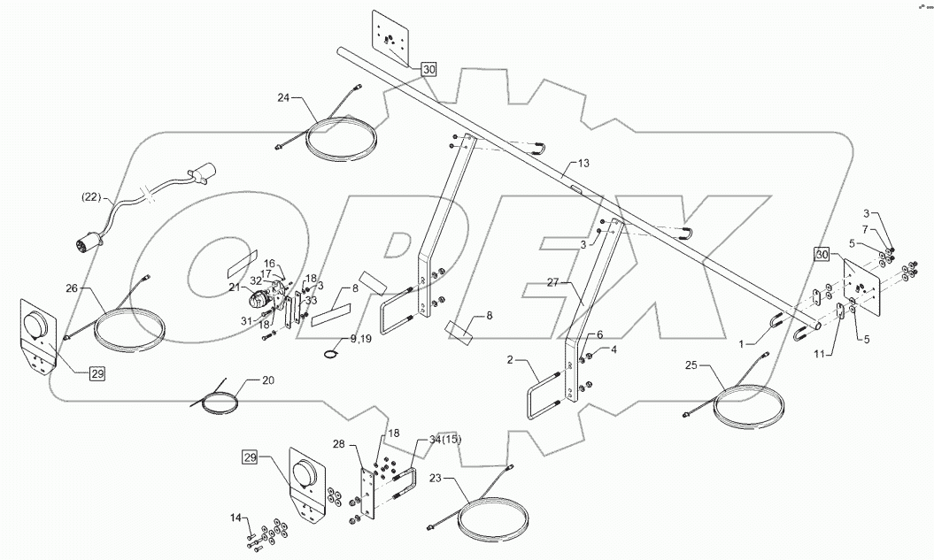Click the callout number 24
pos(283,98)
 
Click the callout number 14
pos(235,518)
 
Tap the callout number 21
pos(235,288)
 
